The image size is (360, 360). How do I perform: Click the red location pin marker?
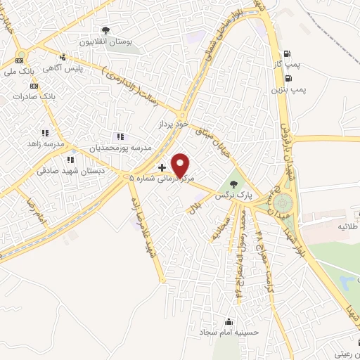click(181, 165)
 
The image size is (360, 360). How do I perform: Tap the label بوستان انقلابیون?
click(105, 41)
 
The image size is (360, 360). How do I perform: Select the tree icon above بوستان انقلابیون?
click(105, 30)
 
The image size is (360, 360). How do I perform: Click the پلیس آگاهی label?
click(79, 67)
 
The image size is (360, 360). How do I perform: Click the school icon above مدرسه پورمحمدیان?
click(120, 136)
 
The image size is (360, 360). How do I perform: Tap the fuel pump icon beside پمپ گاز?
click(286, 53)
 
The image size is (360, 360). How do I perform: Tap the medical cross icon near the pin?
click(162, 167)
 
